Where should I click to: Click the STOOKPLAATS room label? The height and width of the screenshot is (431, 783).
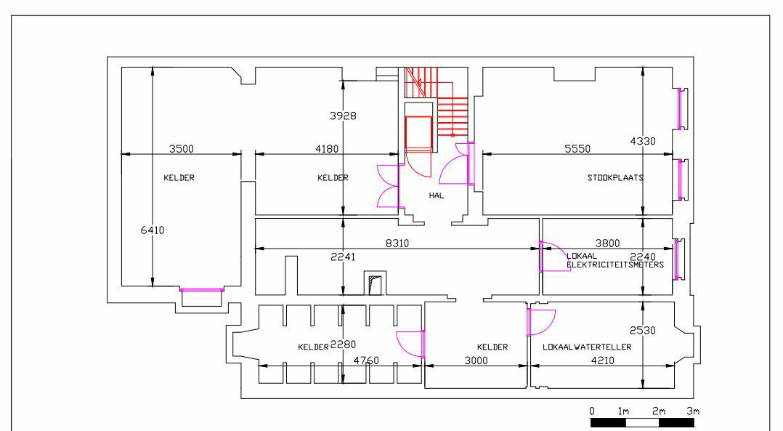point(616,177)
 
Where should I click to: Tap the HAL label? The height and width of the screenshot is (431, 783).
point(436,195)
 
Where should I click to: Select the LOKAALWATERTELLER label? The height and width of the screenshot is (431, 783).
point(586,347)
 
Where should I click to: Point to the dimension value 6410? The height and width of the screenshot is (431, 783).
point(153,230)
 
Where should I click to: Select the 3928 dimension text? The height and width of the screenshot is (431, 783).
point(343,116)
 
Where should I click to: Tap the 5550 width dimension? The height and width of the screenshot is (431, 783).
point(578,148)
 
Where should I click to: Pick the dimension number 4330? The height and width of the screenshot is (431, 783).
point(642,141)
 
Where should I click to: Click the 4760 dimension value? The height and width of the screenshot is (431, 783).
point(365,360)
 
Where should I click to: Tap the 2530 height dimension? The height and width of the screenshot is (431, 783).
point(643,330)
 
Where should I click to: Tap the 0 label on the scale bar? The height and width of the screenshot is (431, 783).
point(592,411)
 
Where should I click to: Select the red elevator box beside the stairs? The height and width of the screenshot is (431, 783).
point(418,132)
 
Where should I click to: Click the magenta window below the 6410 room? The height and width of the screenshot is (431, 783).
point(202,290)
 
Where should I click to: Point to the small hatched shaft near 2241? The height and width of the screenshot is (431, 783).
point(374,284)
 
